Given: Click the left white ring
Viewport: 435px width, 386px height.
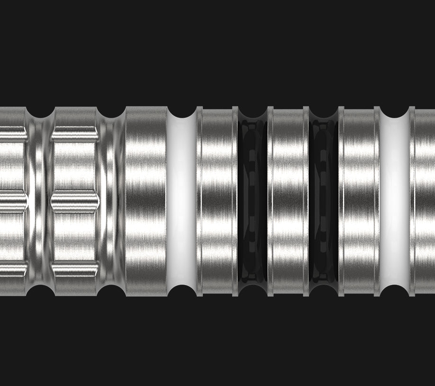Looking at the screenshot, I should pyautogui.click(x=181, y=202).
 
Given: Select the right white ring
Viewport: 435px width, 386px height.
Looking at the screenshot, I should pyautogui.click(x=394, y=202).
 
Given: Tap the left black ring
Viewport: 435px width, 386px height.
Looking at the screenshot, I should pyautogui.click(x=252, y=202).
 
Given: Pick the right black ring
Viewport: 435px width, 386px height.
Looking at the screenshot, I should pyautogui.click(x=324, y=202).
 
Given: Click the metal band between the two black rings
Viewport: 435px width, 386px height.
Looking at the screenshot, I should pyautogui.click(x=288, y=202).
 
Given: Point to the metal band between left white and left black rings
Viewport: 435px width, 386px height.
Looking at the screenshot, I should pyautogui.click(x=217, y=202).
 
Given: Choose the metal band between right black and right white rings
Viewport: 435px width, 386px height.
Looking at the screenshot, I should pyautogui.click(x=359, y=202).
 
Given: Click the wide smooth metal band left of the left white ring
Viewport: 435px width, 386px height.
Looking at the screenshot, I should pyautogui.click(x=146, y=202).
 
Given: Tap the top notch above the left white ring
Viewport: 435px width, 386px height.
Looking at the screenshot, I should pyautogui.click(x=182, y=112).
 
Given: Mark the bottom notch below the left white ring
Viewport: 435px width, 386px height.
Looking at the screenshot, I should pyautogui.click(x=182, y=291).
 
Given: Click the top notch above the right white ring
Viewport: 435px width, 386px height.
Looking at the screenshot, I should pyautogui.click(x=395, y=112).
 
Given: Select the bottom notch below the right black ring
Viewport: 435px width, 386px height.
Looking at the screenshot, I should pyautogui.click(x=324, y=291).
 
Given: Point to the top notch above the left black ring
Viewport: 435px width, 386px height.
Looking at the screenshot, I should pyautogui.click(x=253, y=112).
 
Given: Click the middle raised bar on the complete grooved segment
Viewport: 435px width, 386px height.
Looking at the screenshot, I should pyautogui.click(x=75, y=202).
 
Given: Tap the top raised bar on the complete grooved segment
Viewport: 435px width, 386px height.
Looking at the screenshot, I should pyautogui.click(x=75, y=134).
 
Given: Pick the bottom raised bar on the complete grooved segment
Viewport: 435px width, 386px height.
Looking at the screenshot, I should pyautogui.click(x=75, y=269).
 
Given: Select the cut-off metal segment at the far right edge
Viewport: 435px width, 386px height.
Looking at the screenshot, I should pyautogui.click(x=425, y=202).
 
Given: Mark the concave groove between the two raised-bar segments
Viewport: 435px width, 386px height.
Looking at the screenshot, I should pyautogui.click(x=40, y=202).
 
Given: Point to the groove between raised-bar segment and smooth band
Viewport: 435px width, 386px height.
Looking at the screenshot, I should pyautogui.click(x=112, y=202).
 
